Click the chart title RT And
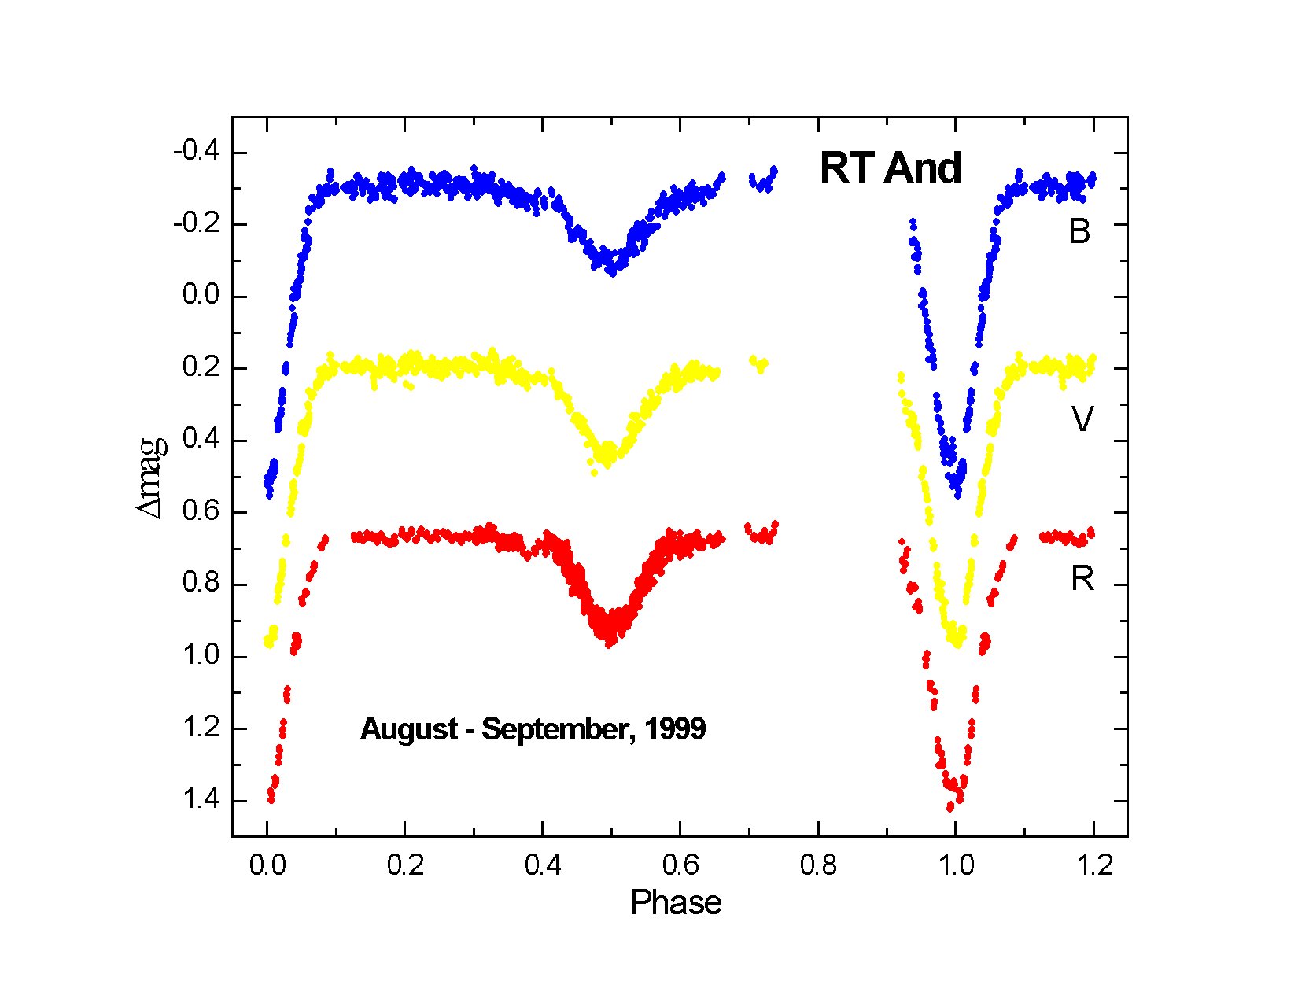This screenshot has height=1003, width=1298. coord(891,168)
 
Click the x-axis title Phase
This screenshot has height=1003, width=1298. coord(676,903)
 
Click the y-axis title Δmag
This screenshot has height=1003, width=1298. coord(153,477)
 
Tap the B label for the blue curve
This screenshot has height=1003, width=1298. coord(1079,232)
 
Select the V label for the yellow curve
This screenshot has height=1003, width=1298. coord(1082,420)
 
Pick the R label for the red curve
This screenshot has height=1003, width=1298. coord(1082,579)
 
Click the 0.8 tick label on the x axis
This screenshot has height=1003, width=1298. coord(818,866)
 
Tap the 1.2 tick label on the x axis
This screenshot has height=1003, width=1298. coord(1094,866)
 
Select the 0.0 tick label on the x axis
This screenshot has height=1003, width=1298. coord(267,866)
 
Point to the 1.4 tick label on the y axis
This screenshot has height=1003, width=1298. coord(199,801)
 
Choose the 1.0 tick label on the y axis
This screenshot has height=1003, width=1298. coord(199,657)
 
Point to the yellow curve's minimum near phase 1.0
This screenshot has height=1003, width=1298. coord(957,641)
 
